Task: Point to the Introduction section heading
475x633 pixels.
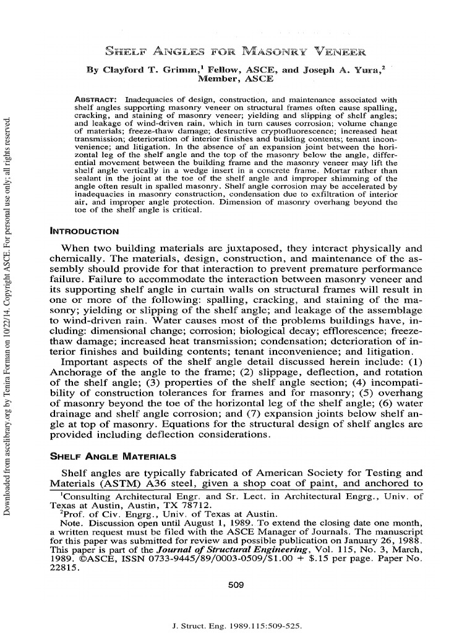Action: [x=83, y=231]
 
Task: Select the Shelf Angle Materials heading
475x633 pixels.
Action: [x=112, y=456]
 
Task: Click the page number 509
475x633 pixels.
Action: [x=236, y=584]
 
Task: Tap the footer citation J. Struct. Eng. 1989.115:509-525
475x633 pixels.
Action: [x=237, y=626]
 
